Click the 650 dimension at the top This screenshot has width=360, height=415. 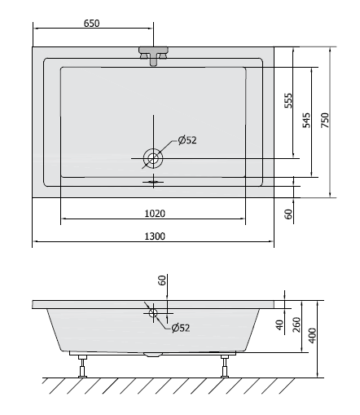[x=90, y=24]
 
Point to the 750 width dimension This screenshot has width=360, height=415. [x=326, y=121]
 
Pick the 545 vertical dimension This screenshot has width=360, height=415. [x=306, y=121]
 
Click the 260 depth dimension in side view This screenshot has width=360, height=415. [x=296, y=325]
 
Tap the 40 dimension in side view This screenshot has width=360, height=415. [x=279, y=324]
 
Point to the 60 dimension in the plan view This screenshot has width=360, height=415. [x=288, y=214]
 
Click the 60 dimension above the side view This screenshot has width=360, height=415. [x=162, y=281]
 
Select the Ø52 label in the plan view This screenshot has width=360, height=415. [x=187, y=140]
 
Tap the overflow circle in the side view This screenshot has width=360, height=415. [x=152, y=311]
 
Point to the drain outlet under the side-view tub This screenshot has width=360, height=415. [x=152, y=355]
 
